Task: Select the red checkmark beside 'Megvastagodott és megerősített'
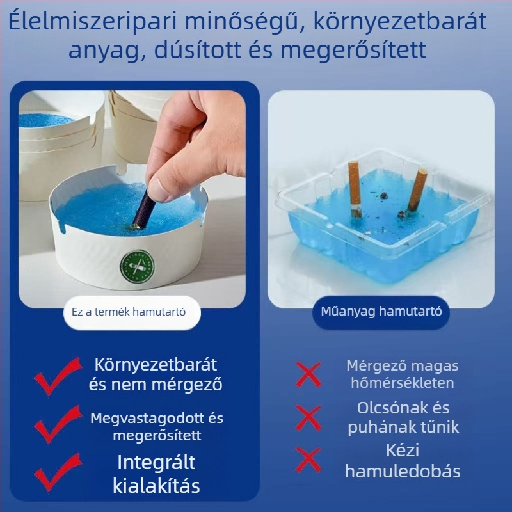(x=58, y=427)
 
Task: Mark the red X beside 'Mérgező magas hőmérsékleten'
(x=308, y=374)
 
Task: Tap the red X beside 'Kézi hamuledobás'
(x=308, y=460)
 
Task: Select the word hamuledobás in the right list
(x=403, y=472)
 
